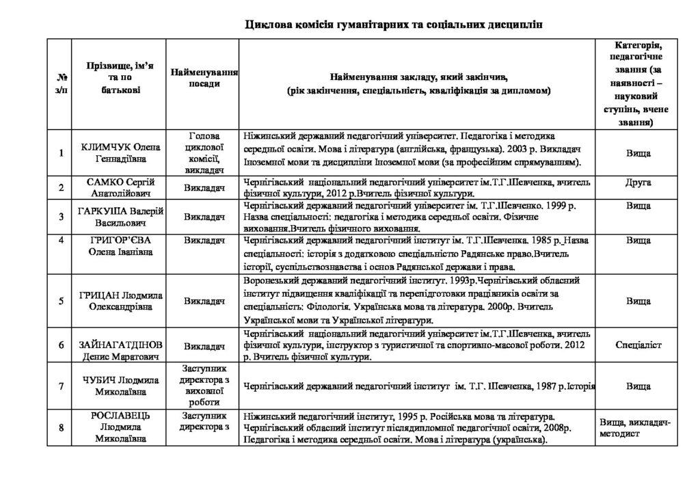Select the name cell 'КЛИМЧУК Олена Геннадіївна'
120,153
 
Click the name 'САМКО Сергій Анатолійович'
120,187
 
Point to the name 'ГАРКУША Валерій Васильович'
120,217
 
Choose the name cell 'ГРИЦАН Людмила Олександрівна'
120,301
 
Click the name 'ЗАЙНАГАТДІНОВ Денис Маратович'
120,346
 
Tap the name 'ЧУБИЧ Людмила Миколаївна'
120,386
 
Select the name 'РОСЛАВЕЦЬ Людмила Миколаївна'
120,427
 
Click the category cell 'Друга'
638,183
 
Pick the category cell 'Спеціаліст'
638,346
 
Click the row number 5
62,301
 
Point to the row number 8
62,428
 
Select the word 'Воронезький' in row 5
269,280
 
